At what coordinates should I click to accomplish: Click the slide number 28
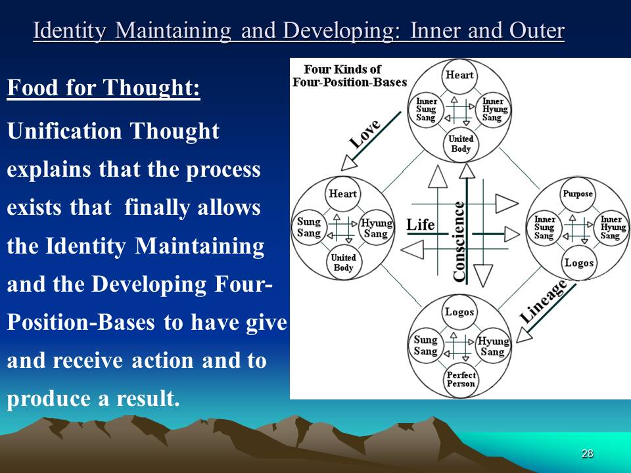coord(587,453)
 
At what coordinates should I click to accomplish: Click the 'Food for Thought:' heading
coord(103,87)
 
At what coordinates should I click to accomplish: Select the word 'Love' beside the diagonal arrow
coord(365,133)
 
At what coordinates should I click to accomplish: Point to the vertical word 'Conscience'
coord(459,241)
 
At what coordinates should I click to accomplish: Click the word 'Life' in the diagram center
coord(421,225)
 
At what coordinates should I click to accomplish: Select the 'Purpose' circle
coord(578,194)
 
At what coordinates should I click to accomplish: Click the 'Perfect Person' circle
coord(461,379)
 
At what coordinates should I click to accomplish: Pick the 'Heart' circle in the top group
coord(459,75)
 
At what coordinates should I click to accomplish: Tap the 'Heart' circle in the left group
coord(343,194)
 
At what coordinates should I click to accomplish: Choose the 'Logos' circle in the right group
coord(578,263)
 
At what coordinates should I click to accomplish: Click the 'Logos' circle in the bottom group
coord(459,312)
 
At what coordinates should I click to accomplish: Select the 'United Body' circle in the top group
coord(461,144)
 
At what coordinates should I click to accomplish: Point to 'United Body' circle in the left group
coord(343,262)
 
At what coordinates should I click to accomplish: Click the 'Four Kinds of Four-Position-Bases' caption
coord(350,76)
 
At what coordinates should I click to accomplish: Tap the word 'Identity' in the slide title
coord(71,31)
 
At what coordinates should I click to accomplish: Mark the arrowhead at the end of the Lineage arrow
coord(523,334)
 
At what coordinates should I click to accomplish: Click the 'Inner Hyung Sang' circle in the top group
coord(494,110)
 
